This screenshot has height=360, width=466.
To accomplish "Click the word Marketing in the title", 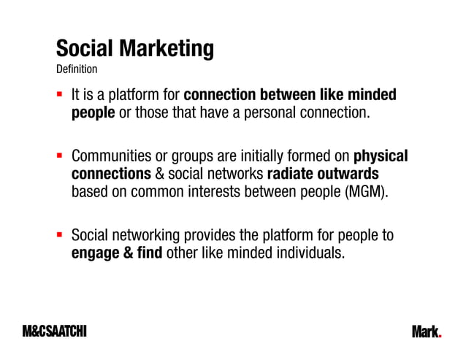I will point(168,49).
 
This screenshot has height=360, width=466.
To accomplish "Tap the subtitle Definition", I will point(77,69).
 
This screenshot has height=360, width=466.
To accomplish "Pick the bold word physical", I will point(381,156).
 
